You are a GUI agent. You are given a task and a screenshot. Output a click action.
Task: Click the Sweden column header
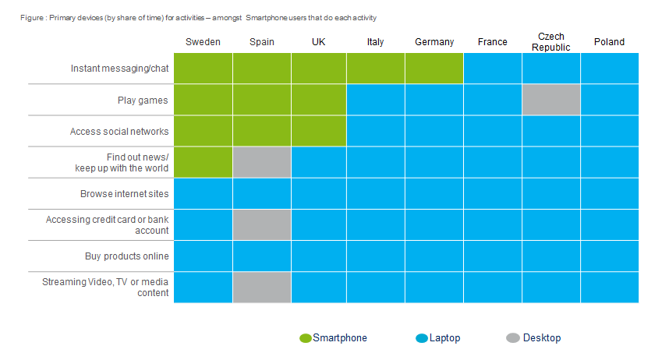203,42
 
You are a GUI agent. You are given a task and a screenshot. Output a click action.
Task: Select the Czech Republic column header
551,42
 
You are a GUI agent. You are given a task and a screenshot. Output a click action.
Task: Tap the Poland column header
609,42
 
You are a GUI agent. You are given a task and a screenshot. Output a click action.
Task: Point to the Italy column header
375,42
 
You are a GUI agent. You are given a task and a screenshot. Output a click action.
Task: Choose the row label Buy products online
127,256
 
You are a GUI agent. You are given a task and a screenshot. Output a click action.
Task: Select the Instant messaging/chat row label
120,69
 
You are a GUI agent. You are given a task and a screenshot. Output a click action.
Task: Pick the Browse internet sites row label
125,194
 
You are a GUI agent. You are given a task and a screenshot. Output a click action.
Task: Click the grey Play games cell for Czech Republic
551,100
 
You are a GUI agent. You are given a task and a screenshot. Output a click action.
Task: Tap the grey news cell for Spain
262,162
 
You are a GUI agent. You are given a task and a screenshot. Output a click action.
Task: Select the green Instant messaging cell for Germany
434,69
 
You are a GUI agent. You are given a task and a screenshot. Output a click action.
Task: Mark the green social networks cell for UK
319,131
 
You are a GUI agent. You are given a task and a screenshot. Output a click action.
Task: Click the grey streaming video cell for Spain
262,287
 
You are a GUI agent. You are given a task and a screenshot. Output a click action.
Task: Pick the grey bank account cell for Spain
262,224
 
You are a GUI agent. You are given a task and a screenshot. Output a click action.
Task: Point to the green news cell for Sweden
203,162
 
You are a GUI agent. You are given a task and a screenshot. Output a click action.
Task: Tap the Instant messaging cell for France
493,69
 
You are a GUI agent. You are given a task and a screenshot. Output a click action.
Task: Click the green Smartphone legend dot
306,338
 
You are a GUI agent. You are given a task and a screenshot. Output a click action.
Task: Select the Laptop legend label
444,338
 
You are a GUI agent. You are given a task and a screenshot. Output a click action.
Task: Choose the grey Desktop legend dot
512,338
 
